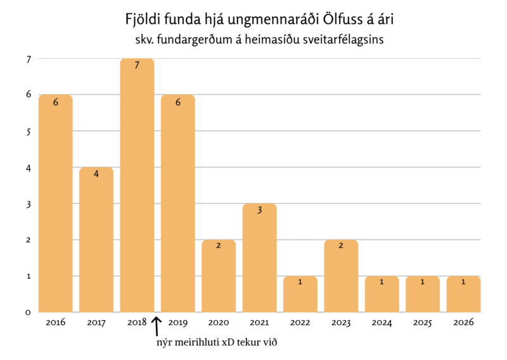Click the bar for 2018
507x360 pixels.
click(x=137, y=190)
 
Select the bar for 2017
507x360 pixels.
click(x=96, y=241)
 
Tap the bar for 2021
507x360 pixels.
click(x=259, y=260)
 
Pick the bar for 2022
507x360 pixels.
click(x=300, y=295)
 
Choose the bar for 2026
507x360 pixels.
click(x=463, y=295)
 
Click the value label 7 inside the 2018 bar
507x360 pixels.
click(x=137, y=65)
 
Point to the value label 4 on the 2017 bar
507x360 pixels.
click(x=96, y=174)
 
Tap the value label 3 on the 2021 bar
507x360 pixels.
click(x=259, y=210)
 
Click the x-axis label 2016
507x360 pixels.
click(x=56, y=323)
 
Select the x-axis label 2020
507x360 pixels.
click(x=219, y=323)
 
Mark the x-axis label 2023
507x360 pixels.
click(x=341, y=323)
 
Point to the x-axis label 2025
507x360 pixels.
click(x=423, y=323)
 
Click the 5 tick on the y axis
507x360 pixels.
click(x=29, y=131)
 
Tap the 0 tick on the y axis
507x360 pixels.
click(x=29, y=312)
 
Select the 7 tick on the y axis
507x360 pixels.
click(x=29, y=59)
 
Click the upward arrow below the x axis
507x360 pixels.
click(x=157, y=326)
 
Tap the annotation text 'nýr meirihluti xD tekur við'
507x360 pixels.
click(x=217, y=343)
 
